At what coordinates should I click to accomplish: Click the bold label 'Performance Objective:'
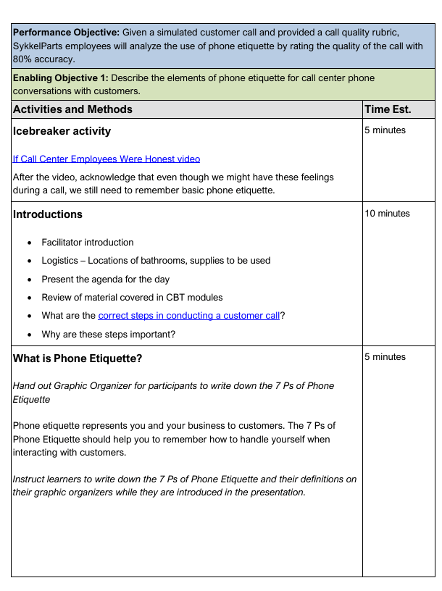(66, 33)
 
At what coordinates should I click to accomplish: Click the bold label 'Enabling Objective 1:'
(61, 77)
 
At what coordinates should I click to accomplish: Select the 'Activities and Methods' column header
(72, 109)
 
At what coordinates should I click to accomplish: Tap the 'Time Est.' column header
(388, 109)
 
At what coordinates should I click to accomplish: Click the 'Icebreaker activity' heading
(62, 131)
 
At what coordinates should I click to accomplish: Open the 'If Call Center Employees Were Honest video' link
(107, 159)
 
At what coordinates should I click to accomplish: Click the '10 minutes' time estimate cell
(388, 213)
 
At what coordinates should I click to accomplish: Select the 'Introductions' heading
(48, 214)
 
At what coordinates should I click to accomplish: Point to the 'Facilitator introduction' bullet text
(88, 243)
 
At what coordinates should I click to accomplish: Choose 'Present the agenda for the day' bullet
(106, 279)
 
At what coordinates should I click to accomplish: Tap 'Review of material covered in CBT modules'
(133, 297)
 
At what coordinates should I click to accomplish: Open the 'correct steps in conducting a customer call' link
(188, 316)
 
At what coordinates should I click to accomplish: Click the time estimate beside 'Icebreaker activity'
(385, 130)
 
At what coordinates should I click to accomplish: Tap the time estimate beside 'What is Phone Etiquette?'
(385, 356)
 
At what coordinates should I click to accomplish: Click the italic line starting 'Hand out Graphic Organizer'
(173, 386)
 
